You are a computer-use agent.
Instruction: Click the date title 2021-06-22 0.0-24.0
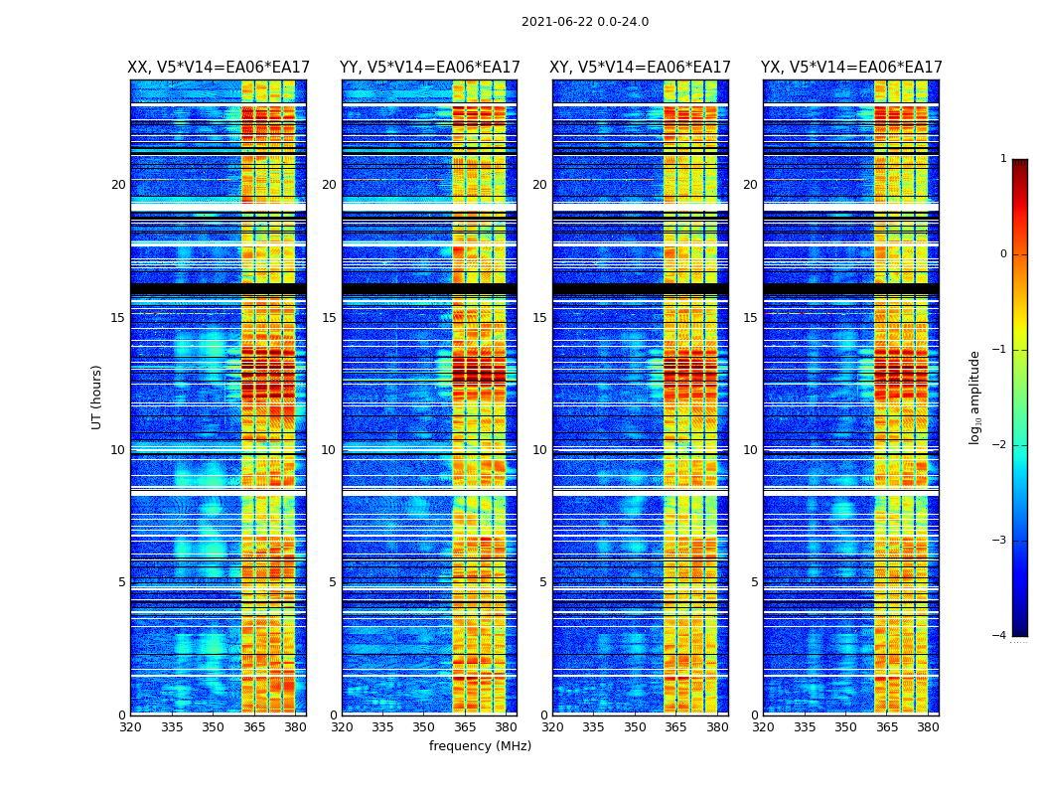coord(585,22)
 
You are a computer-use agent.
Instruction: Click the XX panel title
coord(219,68)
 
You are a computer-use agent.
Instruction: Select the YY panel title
coord(429,68)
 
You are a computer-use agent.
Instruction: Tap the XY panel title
coord(641,68)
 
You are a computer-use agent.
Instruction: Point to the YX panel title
coord(851,68)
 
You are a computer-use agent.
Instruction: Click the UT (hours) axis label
coord(97,397)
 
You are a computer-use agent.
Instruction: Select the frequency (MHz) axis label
coord(480,746)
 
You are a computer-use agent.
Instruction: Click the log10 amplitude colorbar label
coord(975,397)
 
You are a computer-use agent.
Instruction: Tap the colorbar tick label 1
coord(1003,159)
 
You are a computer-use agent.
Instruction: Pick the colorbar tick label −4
coord(1001,636)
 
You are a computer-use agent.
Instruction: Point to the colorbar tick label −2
coord(1001,445)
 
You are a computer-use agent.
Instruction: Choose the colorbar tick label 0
coord(1003,254)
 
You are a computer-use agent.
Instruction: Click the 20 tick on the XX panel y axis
coord(118,185)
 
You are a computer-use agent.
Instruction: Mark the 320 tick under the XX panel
coord(130,727)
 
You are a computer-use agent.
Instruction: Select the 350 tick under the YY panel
coord(423,727)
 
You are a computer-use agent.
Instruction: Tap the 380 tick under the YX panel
coord(928,727)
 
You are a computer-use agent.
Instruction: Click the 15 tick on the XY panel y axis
coord(539,318)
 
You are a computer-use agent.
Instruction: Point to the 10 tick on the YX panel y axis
coord(750,450)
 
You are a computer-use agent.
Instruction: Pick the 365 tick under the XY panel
coord(675,727)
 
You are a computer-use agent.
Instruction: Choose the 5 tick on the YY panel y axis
coord(332,582)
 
